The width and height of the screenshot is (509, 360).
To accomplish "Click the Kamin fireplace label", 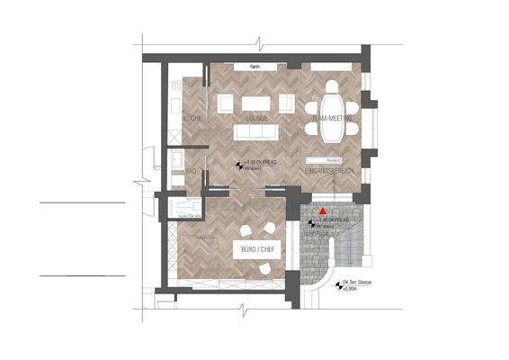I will pos(254,67).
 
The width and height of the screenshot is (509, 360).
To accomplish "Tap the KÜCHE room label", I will pos(192,119).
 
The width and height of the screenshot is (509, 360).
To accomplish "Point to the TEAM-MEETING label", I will pos(330,119).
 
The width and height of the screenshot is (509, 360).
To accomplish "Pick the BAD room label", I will pos(191,169).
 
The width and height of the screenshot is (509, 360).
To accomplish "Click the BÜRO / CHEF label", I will pos(254,247).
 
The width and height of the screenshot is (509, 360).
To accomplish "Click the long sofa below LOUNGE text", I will pos(258,132).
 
